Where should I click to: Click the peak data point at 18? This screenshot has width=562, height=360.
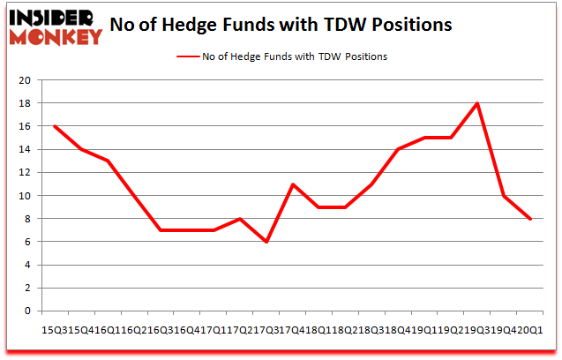coord(477,103)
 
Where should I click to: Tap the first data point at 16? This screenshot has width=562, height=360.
coord(55,126)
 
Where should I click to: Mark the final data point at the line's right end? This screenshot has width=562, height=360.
coord(529,219)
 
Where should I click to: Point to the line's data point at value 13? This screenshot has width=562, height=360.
coord(108,161)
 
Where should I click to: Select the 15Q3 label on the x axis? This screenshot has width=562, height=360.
coord(55,328)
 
